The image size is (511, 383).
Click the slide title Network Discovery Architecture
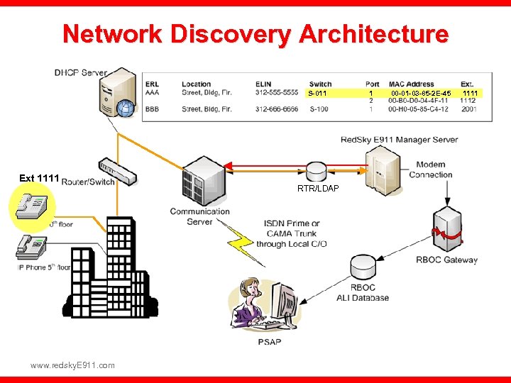click(255, 34)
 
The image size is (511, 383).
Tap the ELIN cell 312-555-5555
click(277, 92)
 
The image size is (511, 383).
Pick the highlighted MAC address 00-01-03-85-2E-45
click(420, 93)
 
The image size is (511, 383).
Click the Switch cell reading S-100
click(319, 109)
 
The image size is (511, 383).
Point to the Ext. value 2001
click(468, 109)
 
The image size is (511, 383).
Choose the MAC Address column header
click(411, 84)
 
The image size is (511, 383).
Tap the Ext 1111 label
click(38, 178)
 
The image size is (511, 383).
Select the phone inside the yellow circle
click(33, 208)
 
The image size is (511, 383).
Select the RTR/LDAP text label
click(318, 188)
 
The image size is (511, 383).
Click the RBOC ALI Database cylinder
click(362, 268)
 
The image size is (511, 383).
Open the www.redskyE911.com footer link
click(72, 365)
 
